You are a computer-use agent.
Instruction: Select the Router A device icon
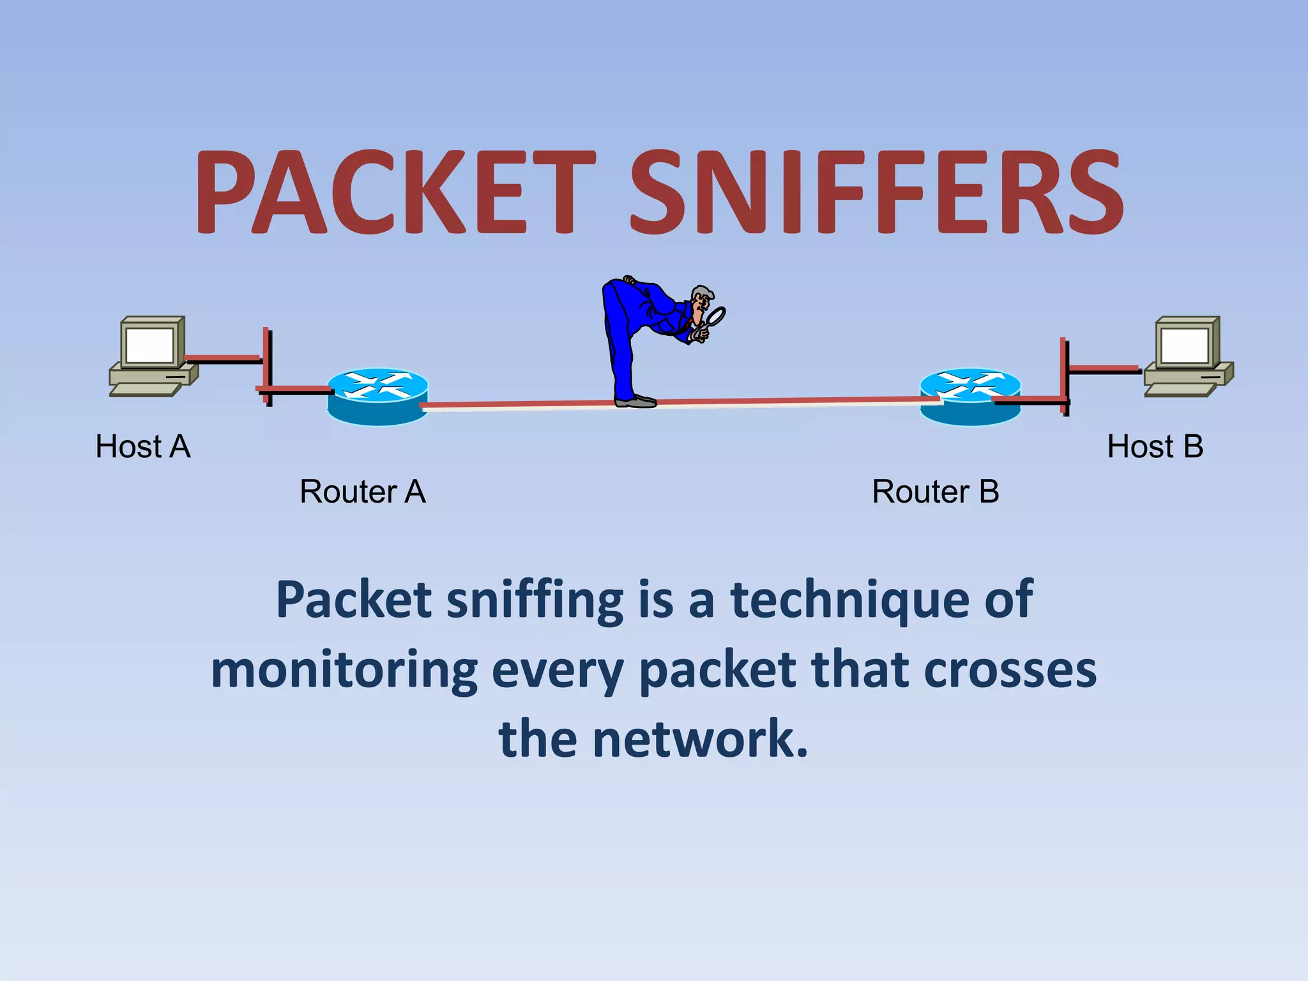click(x=377, y=396)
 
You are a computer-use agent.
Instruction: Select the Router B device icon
click(x=970, y=396)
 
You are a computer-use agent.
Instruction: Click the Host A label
click(x=143, y=446)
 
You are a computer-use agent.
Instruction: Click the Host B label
click(x=1155, y=446)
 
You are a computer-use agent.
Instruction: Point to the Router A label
click(x=363, y=492)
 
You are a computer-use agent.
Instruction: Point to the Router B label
click(x=936, y=492)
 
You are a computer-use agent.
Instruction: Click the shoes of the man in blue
click(x=635, y=401)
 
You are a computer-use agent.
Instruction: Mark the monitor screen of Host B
click(x=1185, y=346)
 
